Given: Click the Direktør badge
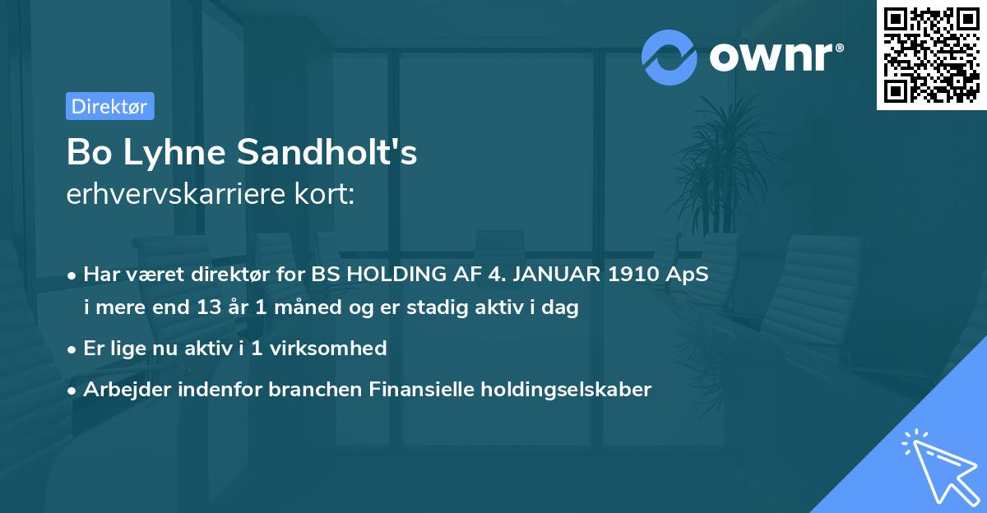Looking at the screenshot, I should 109,106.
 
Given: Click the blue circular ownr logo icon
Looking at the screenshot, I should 670,57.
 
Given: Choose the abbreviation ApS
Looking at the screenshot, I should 688,275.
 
